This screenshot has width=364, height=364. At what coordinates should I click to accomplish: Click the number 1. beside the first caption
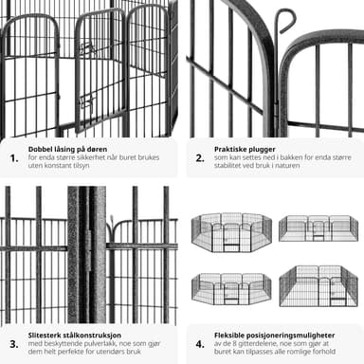click(x=14, y=158)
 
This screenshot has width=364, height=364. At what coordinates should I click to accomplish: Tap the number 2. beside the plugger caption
click(x=200, y=158)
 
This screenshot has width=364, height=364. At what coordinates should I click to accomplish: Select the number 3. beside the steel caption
click(x=14, y=344)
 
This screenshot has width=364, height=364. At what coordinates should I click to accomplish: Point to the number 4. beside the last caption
click(x=200, y=344)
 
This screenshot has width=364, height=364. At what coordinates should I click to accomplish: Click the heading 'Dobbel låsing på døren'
click(x=67, y=149)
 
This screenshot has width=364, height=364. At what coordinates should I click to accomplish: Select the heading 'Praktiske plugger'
click(x=245, y=149)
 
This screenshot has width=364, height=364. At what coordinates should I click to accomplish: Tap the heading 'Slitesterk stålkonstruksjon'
click(x=75, y=335)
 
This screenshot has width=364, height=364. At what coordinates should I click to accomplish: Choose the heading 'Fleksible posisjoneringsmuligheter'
click(x=275, y=335)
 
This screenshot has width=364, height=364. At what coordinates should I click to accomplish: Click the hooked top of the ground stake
click(x=286, y=20)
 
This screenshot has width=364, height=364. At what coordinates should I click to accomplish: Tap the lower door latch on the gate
click(x=86, y=102)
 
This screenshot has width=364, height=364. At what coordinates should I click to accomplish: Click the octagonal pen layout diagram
click(x=231, y=232)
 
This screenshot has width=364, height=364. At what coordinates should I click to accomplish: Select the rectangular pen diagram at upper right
click(x=318, y=228)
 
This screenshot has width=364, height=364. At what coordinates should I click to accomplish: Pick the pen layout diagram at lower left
click(x=231, y=289)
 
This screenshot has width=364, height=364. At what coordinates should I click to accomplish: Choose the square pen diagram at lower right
click(x=318, y=286)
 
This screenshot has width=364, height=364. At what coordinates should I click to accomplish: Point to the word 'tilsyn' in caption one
click(x=80, y=166)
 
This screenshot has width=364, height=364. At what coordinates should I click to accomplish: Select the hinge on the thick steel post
click(x=88, y=250)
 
